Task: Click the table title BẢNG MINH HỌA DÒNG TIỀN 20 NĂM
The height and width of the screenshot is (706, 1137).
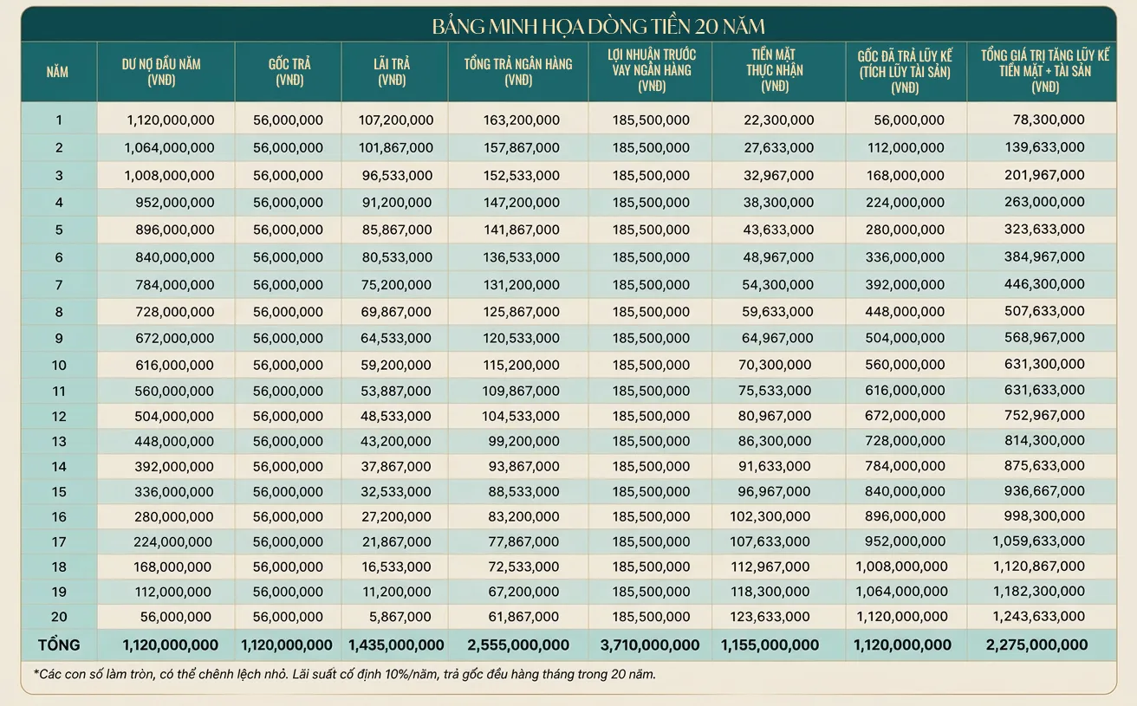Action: point(599,26)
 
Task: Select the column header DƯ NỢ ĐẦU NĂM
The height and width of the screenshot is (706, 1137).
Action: point(161,72)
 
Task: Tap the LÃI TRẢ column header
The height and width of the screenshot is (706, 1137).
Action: point(392,72)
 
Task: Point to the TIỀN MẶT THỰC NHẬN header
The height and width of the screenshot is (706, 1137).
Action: point(775,70)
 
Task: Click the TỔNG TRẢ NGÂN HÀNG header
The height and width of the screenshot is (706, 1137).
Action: point(518,72)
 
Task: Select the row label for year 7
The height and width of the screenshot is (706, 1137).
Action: point(59,285)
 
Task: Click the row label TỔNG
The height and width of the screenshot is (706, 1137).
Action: point(59,645)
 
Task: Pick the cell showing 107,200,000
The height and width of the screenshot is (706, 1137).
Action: point(396,120)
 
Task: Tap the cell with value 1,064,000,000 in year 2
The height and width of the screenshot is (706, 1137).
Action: point(169,147)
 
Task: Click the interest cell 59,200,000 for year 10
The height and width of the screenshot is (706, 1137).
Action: point(396,365)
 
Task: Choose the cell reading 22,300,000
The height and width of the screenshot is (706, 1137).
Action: point(778,120)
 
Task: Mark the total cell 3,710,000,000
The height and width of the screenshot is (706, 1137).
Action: point(650,645)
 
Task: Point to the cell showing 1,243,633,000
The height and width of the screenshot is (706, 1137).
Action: point(1038,616)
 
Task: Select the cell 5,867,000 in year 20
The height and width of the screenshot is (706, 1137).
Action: point(400,617)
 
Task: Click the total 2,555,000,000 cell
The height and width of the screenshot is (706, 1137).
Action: point(518,645)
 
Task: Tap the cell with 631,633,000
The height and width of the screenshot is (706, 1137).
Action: point(1044,390)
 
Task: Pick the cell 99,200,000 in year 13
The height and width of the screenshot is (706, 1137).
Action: point(523,441)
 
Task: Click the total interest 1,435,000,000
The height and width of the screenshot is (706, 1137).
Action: point(396,645)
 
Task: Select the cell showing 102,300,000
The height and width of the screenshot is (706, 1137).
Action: point(770,516)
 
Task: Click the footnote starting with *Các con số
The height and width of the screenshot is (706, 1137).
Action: point(345,675)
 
